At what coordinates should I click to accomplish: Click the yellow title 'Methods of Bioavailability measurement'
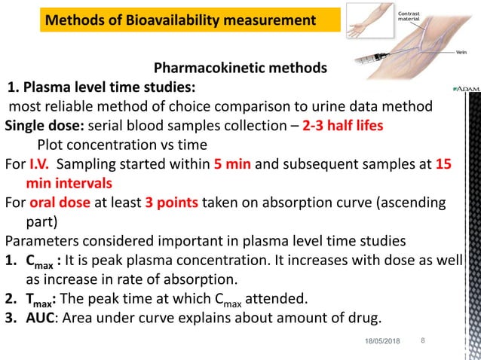[181, 20]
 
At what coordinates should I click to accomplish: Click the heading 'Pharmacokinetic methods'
[240, 69]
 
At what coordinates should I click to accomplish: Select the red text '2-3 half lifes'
[343, 126]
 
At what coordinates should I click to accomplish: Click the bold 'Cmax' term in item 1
[38, 261]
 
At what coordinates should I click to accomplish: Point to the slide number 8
[423, 341]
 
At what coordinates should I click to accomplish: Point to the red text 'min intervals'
[69, 183]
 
